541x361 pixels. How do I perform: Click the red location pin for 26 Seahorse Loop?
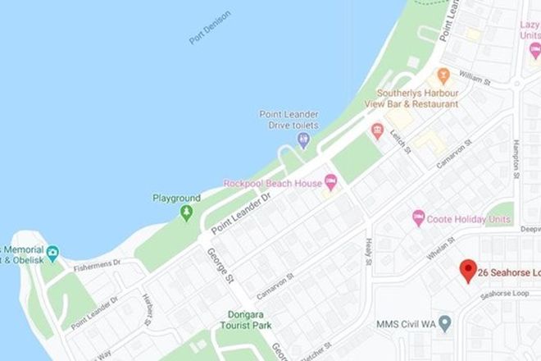pos(467,270)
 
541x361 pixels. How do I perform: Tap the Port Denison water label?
pos(209,27)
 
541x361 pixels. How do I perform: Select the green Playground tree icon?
pos(187,213)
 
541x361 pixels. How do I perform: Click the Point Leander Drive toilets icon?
pos(304,141)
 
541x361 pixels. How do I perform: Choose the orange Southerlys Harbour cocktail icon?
pos(443,76)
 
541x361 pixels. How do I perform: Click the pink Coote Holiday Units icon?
pos(418,219)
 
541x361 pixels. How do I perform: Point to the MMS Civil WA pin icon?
pos(444,322)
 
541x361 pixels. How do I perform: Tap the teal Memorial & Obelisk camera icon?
pos(52,253)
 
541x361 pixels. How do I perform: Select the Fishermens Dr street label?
pos(97,263)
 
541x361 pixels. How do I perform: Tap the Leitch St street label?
pos(399,142)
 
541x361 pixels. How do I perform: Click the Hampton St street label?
pos(516,158)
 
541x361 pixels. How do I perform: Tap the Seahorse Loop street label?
pos(507,294)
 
